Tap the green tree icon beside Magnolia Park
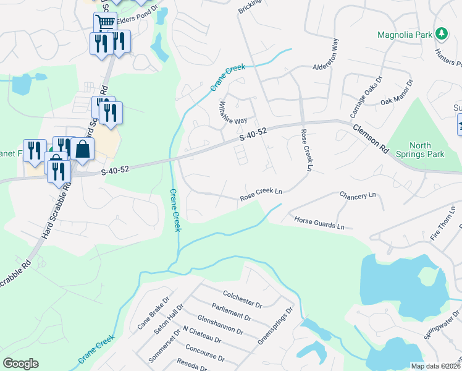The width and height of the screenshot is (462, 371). pyautogui.click(x=441, y=33)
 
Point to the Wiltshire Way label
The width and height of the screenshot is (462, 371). pyautogui.click(x=230, y=111)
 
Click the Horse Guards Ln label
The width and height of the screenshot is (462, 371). pyautogui.click(x=319, y=223)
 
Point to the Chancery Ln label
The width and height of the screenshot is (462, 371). pyautogui.click(x=358, y=195)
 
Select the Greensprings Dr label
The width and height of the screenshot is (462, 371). pyautogui.click(x=274, y=326)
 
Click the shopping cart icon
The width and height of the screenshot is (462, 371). pyautogui.click(x=105, y=23)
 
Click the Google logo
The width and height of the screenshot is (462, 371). pyautogui.click(x=20, y=364)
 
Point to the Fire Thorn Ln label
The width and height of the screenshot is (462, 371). pyautogui.click(x=444, y=224)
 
